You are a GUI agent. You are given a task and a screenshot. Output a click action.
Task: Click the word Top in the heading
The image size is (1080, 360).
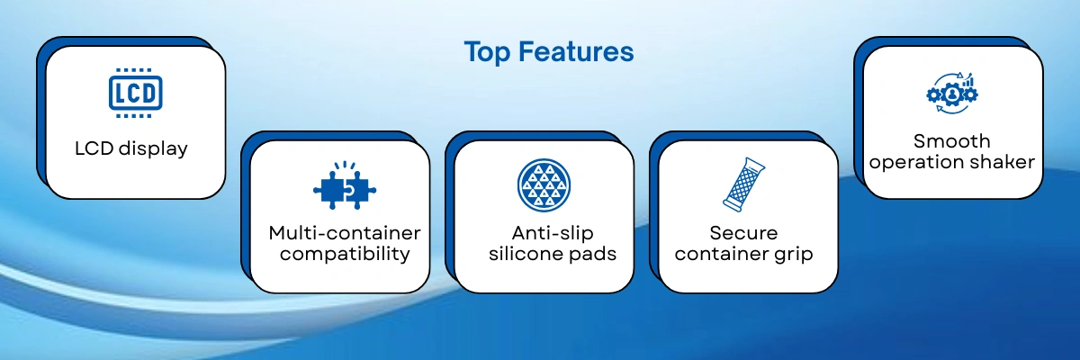point(487,52)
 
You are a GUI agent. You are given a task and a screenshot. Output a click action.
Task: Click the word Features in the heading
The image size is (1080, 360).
point(576,51)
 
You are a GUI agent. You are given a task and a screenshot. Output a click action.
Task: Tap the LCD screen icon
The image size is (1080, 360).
point(136,93)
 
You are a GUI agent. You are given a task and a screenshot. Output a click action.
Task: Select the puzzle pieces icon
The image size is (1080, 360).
point(345,185)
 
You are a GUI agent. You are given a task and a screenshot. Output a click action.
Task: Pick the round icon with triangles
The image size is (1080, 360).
point(544,185)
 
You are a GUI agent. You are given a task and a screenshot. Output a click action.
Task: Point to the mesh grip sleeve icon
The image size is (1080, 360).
point(743,184)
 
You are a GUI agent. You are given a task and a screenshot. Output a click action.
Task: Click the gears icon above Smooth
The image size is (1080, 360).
point(952,94)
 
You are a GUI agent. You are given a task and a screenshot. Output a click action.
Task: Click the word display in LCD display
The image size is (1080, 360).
point(153,148)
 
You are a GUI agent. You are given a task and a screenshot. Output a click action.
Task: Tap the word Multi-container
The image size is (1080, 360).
point(345,233)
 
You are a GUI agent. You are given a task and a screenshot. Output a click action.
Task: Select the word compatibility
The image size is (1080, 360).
point(345,254)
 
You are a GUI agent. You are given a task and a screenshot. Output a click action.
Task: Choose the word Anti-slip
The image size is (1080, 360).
point(553,233)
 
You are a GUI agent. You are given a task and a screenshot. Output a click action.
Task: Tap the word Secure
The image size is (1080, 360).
point(743,233)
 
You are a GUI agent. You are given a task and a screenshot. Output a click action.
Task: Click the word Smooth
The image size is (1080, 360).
point(952,141)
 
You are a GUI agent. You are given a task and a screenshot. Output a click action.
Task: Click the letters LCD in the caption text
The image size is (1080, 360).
point(94,148)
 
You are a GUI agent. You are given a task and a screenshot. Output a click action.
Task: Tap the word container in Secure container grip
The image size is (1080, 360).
point(722,254)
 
